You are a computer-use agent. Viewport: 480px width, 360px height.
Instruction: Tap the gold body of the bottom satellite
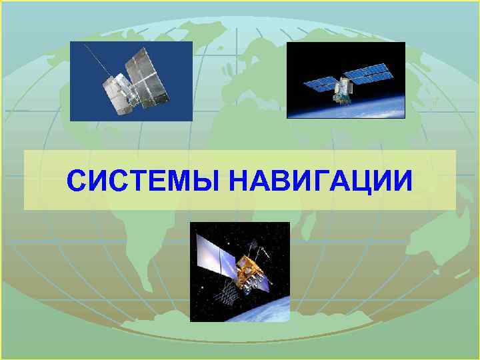pyautogui.click(x=251, y=270)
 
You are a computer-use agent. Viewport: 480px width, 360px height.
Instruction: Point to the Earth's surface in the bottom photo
pyautogui.click(x=267, y=310)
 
